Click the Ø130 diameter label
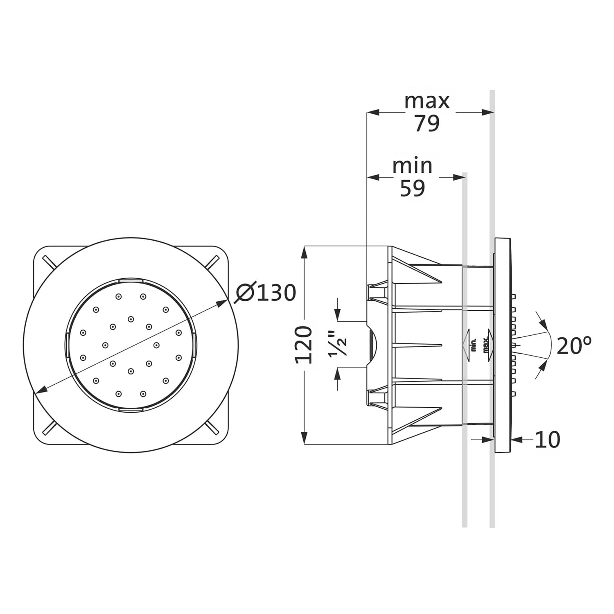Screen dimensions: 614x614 tap(265, 293)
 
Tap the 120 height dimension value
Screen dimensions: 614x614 tap(304, 345)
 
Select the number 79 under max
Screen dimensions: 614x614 tap(427, 123)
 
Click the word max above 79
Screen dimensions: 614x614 tap(427, 101)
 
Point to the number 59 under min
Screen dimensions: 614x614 tap(412, 188)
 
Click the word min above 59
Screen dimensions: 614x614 tap(412, 166)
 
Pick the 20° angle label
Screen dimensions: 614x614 tap(574, 346)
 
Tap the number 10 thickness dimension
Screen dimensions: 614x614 tap(547, 440)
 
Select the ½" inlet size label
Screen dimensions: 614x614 tap(340, 344)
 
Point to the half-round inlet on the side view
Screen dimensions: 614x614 tap(372, 344)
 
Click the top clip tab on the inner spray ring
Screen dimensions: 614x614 tap(131, 280)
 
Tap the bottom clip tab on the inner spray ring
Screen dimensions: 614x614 tap(131, 409)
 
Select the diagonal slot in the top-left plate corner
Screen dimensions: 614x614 tap(48, 262)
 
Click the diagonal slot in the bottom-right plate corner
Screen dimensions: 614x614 tap(213, 427)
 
